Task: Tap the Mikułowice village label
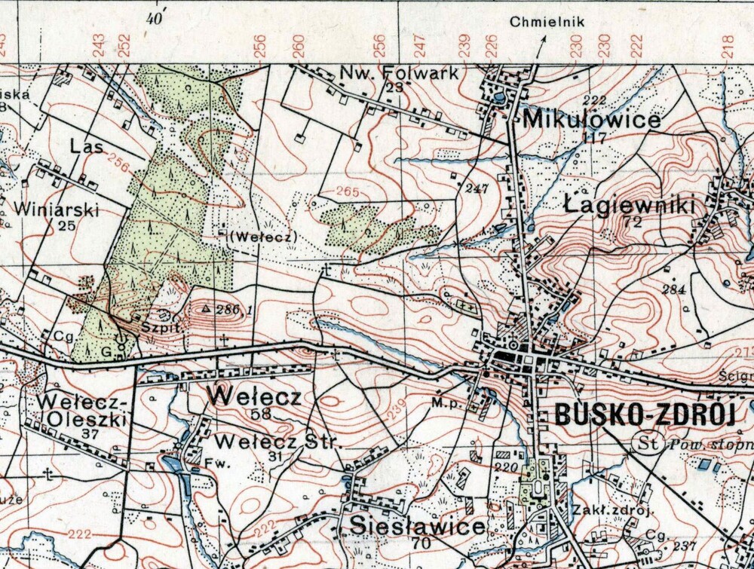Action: point(591,119)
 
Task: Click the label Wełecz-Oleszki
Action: point(83,408)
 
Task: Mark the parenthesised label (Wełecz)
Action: point(264,236)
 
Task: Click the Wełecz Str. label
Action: point(277,441)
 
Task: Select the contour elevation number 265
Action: point(347,192)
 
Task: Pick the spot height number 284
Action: point(673,289)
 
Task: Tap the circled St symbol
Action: point(648,442)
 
